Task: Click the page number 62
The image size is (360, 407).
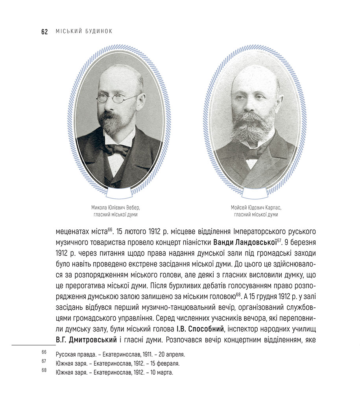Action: pos(44,32)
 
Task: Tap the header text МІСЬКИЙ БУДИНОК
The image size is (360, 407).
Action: pos(84,31)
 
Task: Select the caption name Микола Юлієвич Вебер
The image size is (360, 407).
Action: pos(115,207)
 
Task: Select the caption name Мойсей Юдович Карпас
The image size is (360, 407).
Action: pos(256,207)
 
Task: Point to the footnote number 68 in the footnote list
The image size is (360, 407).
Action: pos(44,370)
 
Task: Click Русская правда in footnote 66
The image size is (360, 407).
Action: pos(72,354)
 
